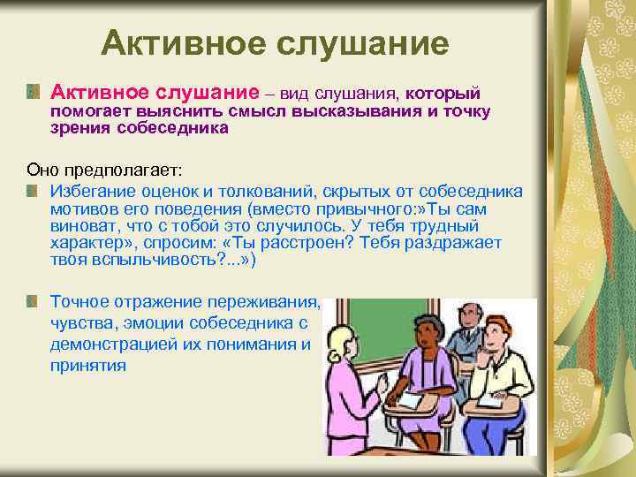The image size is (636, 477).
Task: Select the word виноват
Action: tap(82, 226)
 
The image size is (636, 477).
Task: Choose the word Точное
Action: tap(78, 301)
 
